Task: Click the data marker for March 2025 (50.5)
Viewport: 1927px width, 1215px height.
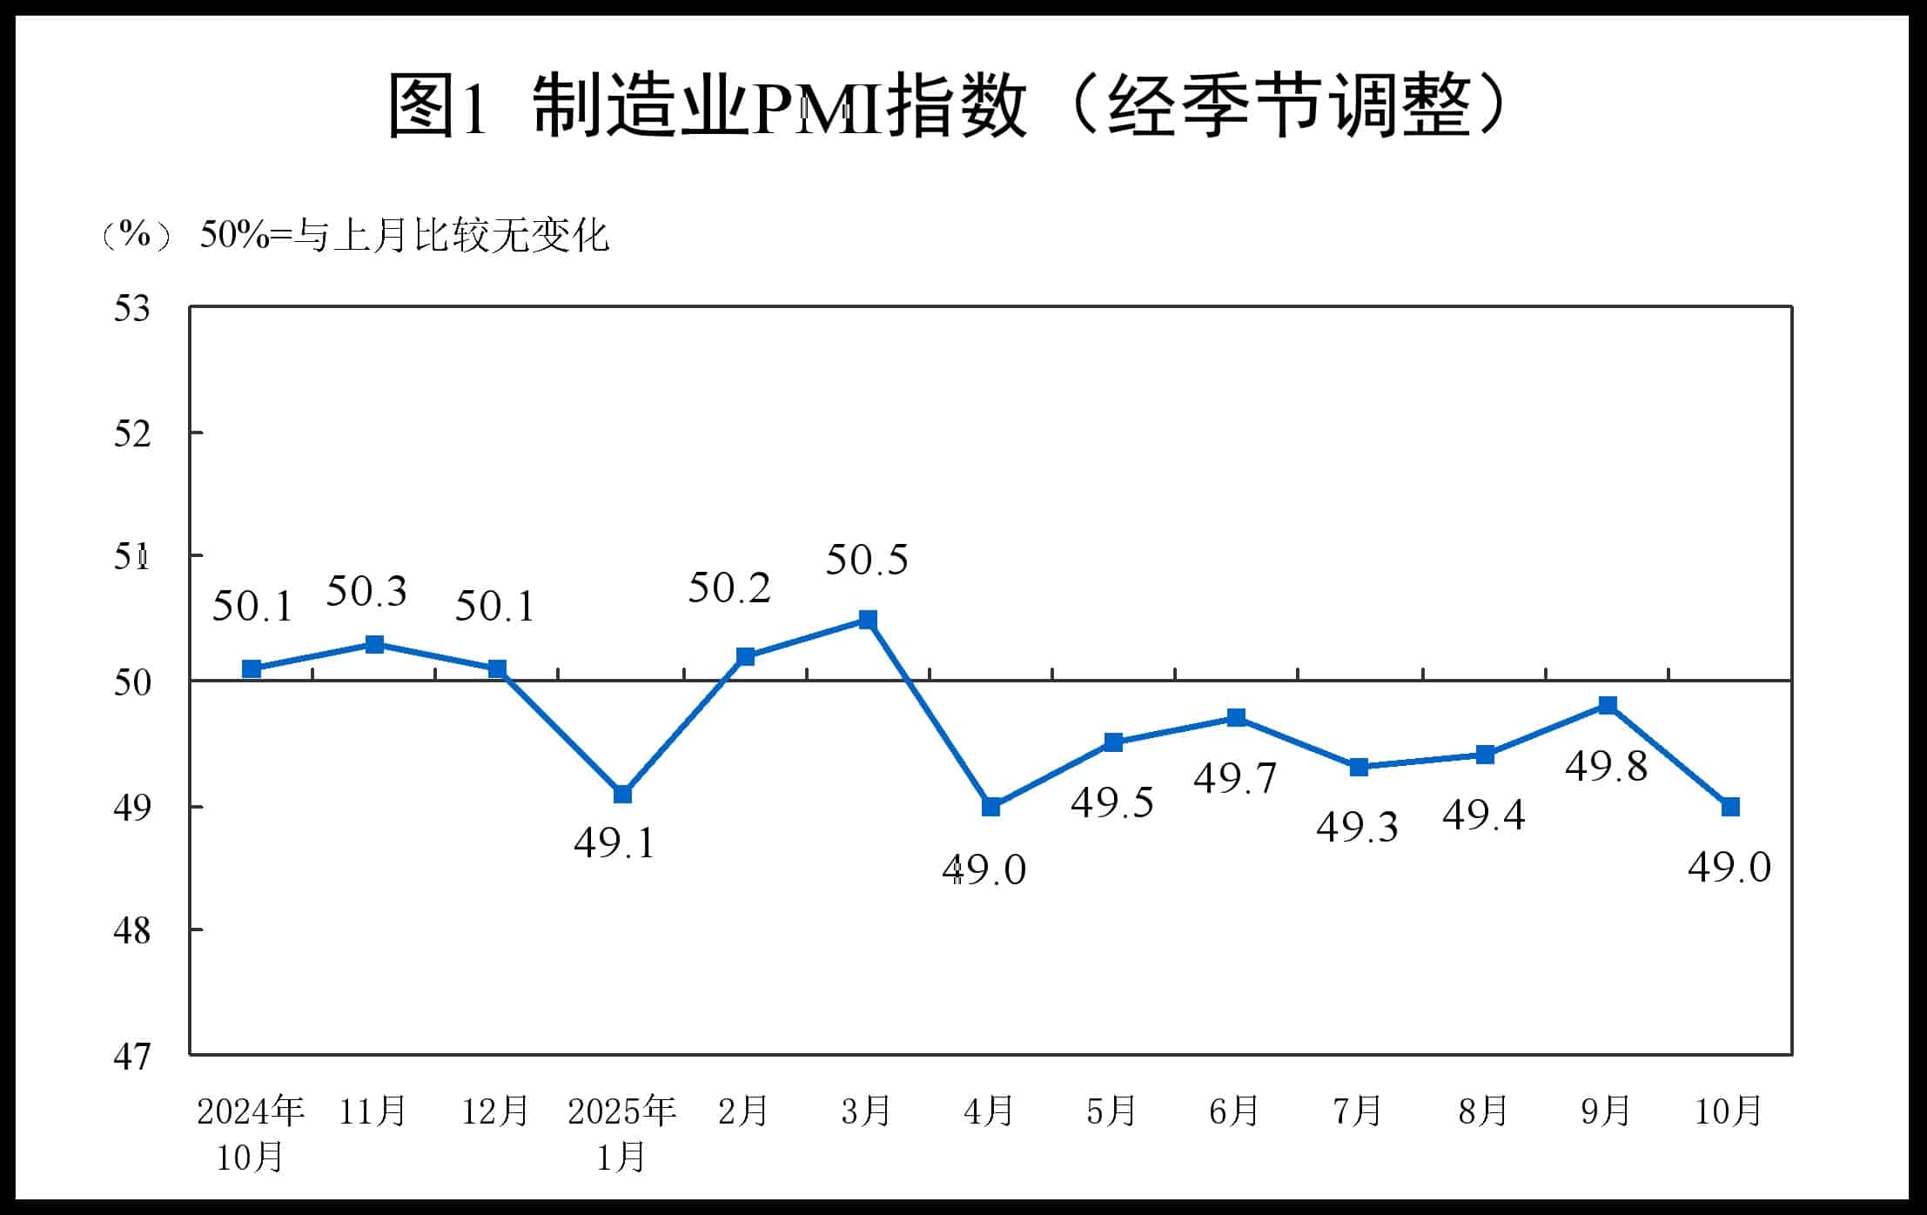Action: click(x=868, y=620)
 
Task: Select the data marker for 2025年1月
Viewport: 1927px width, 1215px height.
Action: click(x=622, y=794)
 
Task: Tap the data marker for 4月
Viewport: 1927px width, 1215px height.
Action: click(x=990, y=807)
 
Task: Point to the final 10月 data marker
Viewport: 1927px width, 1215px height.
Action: click(x=1730, y=807)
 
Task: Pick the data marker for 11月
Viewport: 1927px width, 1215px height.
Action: click(x=374, y=644)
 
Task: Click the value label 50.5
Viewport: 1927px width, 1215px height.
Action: click(x=866, y=560)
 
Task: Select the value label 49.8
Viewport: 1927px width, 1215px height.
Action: click(x=1606, y=766)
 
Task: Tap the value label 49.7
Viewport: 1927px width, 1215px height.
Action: click(x=1234, y=777)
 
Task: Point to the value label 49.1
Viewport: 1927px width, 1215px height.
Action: click(x=614, y=842)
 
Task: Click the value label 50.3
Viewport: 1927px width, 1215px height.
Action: click(x=366, y=592)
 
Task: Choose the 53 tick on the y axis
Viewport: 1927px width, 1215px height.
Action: click(x=131, y=309)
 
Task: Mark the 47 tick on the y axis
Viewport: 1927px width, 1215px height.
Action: click(x=131, y=1057)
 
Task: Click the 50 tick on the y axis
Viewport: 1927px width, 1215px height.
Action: click(x=131, y=682)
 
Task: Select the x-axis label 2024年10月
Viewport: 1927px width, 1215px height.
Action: click(x=251, y=1133)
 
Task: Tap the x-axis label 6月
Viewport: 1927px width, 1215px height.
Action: click(x=1234, y=1111)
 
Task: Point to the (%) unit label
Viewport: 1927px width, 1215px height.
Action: click(x=135, y=235)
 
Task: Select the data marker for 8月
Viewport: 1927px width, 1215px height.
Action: click(x=1486, y=754)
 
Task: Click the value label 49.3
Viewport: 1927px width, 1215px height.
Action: click(x=1357, y=826)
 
